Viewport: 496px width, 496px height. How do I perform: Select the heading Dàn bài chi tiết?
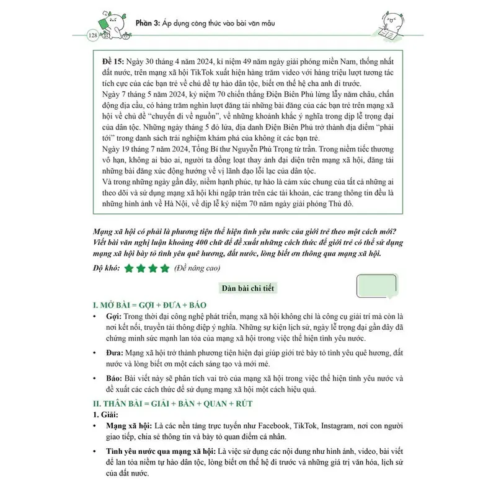coord(247,288)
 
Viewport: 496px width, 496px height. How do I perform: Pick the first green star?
coord(129,268)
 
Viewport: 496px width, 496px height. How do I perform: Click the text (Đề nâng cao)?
coord(201,268)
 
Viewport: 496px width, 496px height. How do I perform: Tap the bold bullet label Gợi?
coord(113,318)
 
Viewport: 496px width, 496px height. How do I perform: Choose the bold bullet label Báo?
coord(114,377)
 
